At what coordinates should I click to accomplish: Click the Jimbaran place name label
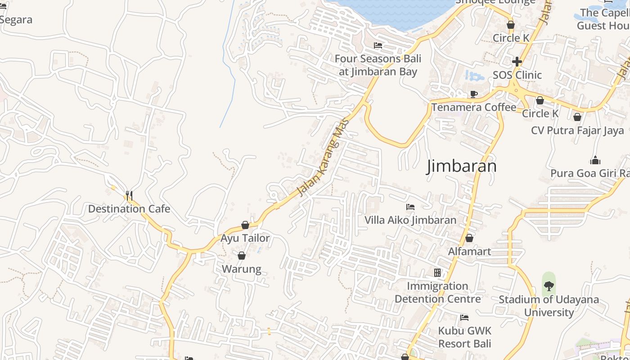(x=461, y=166)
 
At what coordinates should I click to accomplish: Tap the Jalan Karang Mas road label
(x=324, y=157)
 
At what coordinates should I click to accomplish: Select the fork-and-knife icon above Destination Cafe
(x=129, y=195)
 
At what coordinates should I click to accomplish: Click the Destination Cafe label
(x=129, y=209)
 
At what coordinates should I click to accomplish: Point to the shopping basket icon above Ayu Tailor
(x=245, y=225)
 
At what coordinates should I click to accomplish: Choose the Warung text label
(x=242, y=269)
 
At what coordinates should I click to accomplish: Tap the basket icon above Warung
(x=242, y=256)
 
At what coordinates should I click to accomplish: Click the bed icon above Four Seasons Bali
(x=378, y=45)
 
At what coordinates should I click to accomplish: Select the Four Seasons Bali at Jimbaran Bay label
(x=378, y=65)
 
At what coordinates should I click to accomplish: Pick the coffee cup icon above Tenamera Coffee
(x=473, y=94)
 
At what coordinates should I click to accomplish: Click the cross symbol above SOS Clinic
(x=517, y=61)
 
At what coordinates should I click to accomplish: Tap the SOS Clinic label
(x=517, y=75)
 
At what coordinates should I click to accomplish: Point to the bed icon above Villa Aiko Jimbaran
(x=410, y=207)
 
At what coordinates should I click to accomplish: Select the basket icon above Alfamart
(x=469, y=238)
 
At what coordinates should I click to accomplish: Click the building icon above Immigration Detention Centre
(x=437, y=273)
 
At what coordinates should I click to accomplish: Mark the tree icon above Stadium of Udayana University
(x=549, y=285)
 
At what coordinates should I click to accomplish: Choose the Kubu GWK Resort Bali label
(x=465, y=337)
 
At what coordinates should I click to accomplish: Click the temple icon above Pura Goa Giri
(x=595, y=161)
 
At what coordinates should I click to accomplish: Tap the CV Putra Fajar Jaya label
(x=577, y=130)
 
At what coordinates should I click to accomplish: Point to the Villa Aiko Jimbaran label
(x=410, y=220)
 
